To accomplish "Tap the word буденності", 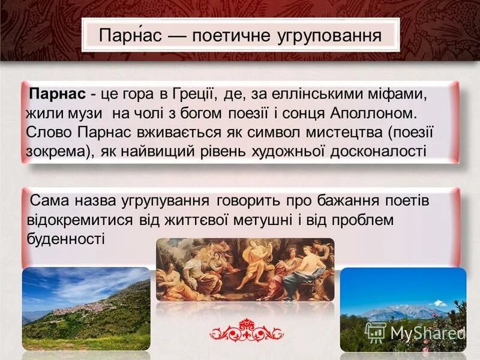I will (x=66, y=239).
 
